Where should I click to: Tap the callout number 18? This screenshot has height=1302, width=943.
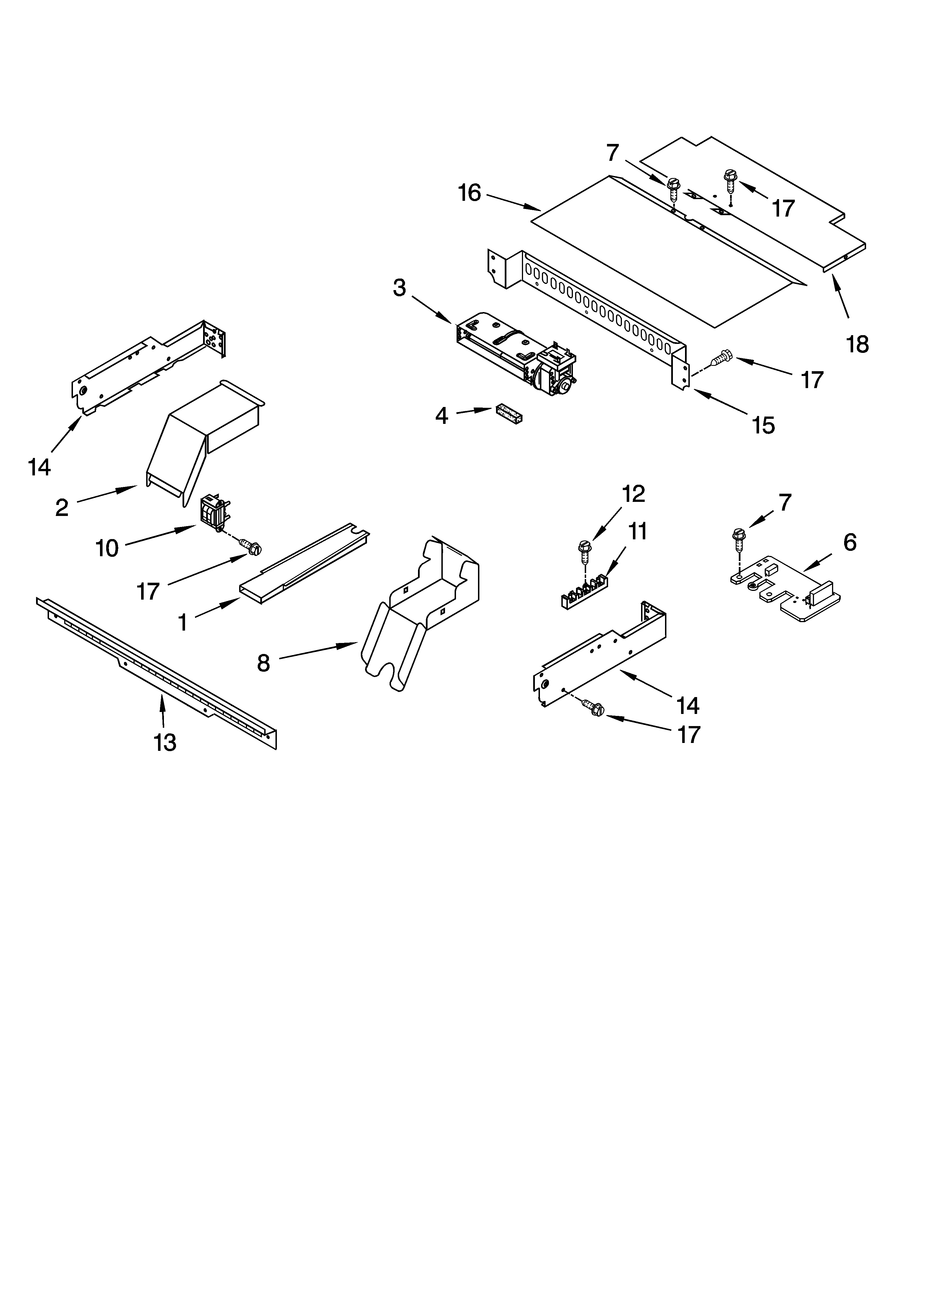coord(857,344)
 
